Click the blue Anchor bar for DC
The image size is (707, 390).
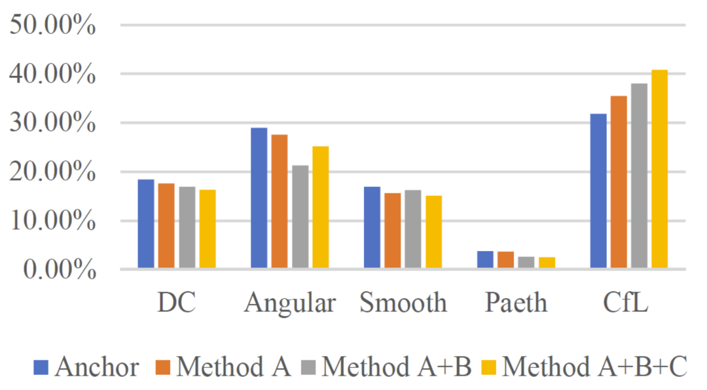tap(146, 224)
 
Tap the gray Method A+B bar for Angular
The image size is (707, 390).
tap(300, 217)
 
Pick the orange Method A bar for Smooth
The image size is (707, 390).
tap(393, 231)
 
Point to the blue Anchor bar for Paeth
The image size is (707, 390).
tap(485, 260)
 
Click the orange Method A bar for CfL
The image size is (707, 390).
tap(619, 182)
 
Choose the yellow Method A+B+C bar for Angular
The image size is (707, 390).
tap(321, 207)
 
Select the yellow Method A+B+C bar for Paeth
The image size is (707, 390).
tap(547, 262)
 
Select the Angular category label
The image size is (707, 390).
tap(290, 303)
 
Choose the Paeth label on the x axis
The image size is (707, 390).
tap(517, 303)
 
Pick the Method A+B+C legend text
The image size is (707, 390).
tap(594, 367)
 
